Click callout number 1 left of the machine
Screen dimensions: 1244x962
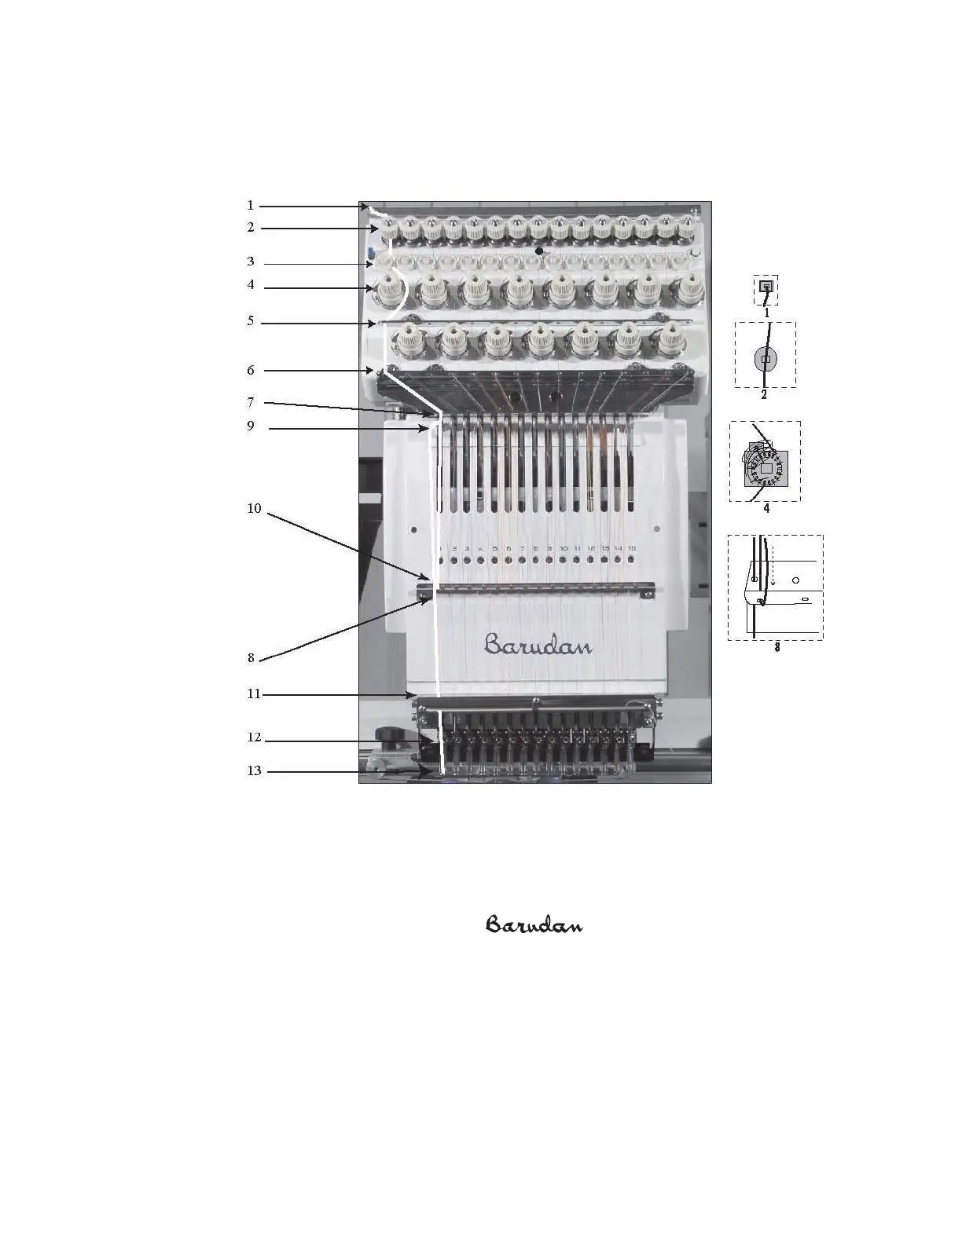coord(251,206)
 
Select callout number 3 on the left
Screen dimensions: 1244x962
coord(251,262)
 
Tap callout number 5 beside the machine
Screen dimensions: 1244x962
coord(251,321)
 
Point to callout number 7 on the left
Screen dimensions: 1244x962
coord(251,403)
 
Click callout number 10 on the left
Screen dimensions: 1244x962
coord(254,509)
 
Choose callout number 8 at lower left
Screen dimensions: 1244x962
coord(252,658)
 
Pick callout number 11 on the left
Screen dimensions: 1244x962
coord(253,694)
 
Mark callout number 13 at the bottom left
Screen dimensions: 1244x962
coord(254,771)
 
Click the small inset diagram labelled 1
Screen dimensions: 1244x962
coord(766,289)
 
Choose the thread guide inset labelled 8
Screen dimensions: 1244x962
coord(775,588)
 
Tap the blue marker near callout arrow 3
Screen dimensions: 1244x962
coord(370,254)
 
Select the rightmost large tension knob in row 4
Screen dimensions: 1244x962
coord(690,291)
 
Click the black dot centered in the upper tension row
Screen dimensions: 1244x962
coord(539,251)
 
